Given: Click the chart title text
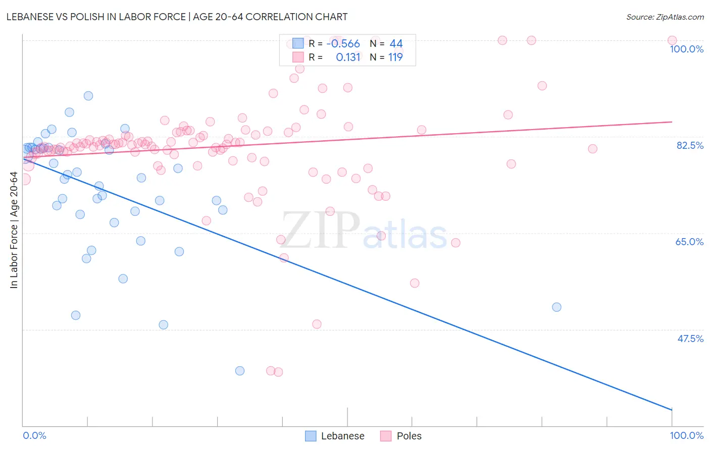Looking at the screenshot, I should pyautogui.click(x=177, y=17).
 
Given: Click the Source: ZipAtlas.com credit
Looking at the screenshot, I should pyautogui.click(x=665, y=17).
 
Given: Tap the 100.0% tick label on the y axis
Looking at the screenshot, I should pyautogui.click(x=686, y=49).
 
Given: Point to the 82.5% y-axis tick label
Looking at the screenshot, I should pyautogui.click(x=689, y=145).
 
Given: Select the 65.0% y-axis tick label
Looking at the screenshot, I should pyautogui.click(x=689, y=242).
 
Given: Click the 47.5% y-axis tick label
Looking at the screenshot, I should pyautogui.click(x=690, y=339).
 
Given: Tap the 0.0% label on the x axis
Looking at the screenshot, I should pyautogui.click(x=34, y=435).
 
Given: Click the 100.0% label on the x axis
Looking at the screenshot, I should pyautogui.click(x=686, y=435).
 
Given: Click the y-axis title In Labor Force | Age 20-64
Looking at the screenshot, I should pyautogui.click(x=14, y=230).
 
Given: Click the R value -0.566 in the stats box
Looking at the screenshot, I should pyautogui.click(x=343, y=44).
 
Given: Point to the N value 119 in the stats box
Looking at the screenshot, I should pyautogui.click(x=395, y=58).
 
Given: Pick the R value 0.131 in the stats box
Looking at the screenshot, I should pyautogui.click(x=348, y=58).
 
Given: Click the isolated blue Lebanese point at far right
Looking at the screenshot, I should pyautogui.click(x=556, y=307).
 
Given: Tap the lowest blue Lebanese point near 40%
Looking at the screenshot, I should pyautogui.click(x=240, y=371).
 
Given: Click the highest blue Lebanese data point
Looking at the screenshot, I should pyautogui.click(x=88, y=96).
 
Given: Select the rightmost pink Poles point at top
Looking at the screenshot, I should pyautogui.click(x=672, y=40).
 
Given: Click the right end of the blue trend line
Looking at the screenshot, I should pyautogui.click(x=672, y=410).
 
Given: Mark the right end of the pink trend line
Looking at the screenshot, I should pyautogui.click(x=672, y=122).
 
